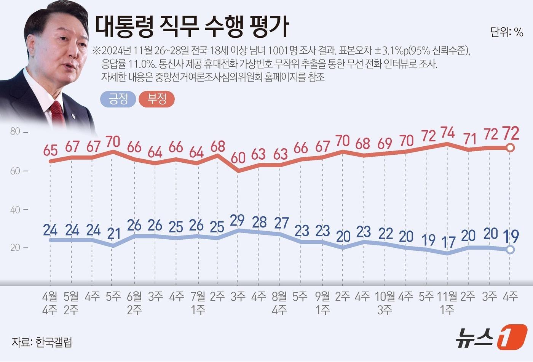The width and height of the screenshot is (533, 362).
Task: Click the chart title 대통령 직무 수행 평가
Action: coord(192,26)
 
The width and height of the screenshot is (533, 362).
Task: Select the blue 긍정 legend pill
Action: coord(118,99)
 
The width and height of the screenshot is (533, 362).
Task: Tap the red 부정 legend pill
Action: coord(157,99)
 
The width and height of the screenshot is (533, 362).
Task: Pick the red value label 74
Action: coord(447,133)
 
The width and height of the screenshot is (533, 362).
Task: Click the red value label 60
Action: coord(238,157)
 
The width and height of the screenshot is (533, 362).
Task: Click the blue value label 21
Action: coord(113,233)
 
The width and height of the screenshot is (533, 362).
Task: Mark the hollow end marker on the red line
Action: coord(511,148)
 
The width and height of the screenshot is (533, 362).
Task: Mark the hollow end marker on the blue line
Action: coord(511,250)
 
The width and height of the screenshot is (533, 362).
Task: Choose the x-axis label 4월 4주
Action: coord(50,303)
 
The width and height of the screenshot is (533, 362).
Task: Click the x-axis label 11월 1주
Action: coord(447,303)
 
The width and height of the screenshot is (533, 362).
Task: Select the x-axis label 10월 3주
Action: coord(385,303)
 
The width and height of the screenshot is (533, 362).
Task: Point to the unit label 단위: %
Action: coord(507,33)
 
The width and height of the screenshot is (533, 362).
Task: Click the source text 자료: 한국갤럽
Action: coord(42,342)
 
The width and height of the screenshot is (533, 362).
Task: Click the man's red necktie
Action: coord(57,112)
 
